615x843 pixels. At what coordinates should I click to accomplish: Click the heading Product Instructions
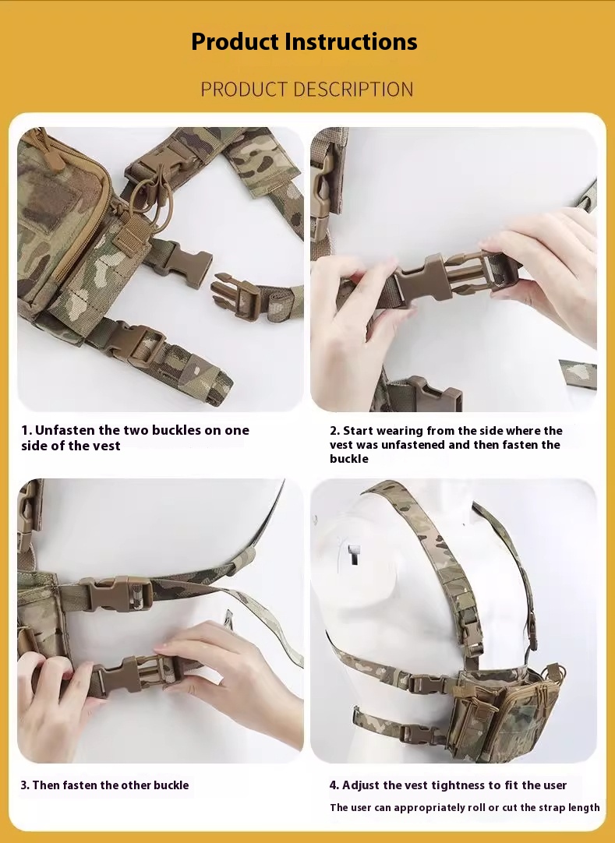pos(304,41)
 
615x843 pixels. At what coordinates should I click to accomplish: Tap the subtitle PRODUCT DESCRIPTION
pos(306,90)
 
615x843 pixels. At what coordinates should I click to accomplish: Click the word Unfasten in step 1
pos(65,430)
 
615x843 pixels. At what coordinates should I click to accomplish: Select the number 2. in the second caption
pos(334,431)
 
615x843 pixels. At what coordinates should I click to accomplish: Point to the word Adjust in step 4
pos(359,785)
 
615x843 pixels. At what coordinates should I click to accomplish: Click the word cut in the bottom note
pos(508,807)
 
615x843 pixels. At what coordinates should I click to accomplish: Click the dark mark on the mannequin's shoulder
pos(354,554)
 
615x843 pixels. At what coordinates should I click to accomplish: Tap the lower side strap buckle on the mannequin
pos(419,733)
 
